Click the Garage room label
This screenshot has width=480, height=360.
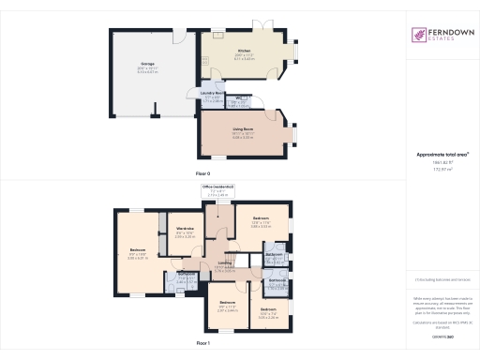pyautogui.click(x=147, y=65)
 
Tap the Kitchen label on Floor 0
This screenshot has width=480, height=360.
pyautogui.click(x=243, y=51)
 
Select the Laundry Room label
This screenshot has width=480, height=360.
pyautogui.click(x=209, y=95)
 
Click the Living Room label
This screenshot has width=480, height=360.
pyautogui.click(x=243, y=131)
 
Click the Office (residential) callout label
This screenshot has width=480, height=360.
pyautogui.click(x=218, y=187)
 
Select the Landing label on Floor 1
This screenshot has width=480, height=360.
pyautogui.click(x=225, y=264)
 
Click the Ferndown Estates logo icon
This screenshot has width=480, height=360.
pyautogui.click(x=418, y=35)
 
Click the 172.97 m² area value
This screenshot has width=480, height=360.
pyautogui.click(x=441, y=170)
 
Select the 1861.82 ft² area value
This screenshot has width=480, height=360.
pyautogui.click(x=441, y=163)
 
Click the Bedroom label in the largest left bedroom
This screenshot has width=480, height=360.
pyautogui.click(x=138, y=248)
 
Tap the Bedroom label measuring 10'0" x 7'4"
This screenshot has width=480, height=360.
pyautogui.click(x=268, y=309)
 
